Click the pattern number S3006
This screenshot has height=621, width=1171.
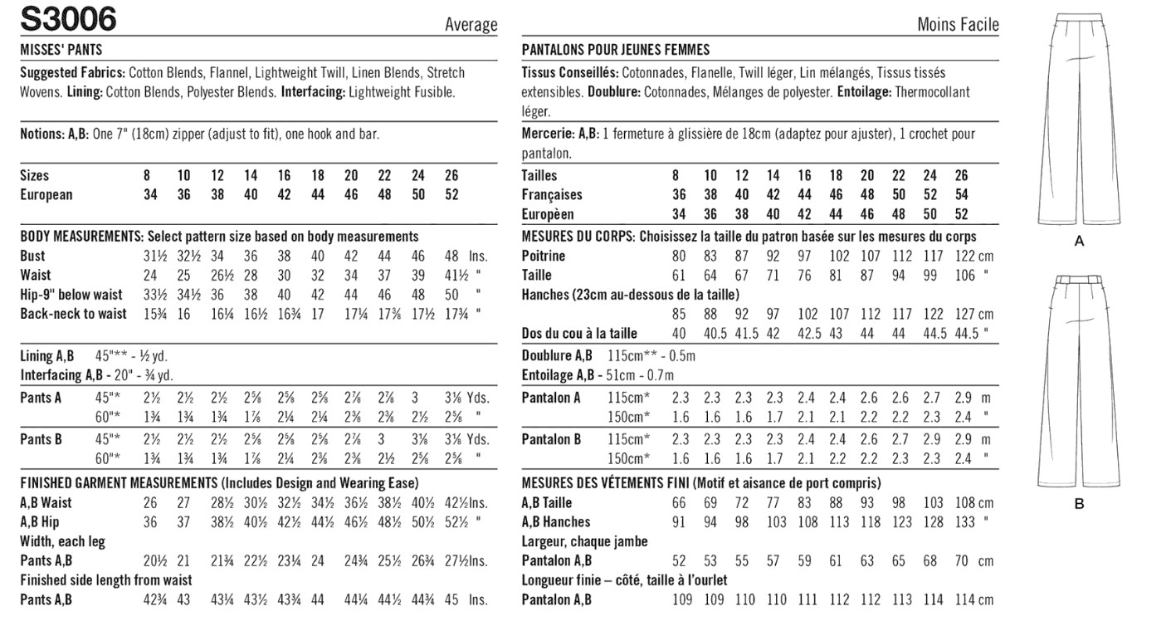click(69, 18)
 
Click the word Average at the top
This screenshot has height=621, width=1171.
click(471, 25)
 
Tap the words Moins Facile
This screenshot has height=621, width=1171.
click(958, 25)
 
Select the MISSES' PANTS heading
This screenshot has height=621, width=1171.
click(61, 50)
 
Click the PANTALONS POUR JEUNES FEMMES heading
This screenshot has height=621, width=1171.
click(616, 50)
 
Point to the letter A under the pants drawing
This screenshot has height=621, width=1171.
click(1079, 242)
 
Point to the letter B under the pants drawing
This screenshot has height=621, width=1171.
click(1079, 503)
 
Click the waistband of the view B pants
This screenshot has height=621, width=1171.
click(1079, 281)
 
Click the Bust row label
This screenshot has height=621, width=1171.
click(33, 256)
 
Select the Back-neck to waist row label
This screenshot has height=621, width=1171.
click(74, 313)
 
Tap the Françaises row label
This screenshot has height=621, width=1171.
click(552, 194)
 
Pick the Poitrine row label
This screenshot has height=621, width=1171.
click(544, 256)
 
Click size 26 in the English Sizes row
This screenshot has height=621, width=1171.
click(451, 175)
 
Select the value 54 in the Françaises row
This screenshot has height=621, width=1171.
click(961, 194)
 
